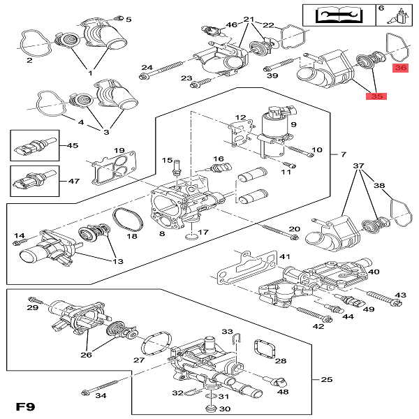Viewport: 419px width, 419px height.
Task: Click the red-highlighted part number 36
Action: point(401,68)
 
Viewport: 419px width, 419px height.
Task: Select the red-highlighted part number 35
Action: point(378,96)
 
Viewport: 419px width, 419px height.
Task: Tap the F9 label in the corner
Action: point(26,406)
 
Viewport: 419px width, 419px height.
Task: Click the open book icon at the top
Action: point(325,14)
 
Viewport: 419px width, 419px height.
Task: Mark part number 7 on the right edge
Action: point(342,153)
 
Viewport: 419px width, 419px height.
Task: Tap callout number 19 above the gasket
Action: point(119,151)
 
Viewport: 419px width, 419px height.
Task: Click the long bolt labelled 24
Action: point(168,68)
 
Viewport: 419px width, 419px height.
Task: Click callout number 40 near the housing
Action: point(374,272)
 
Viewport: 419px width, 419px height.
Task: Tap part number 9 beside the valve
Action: point(294,125)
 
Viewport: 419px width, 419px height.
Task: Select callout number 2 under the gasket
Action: point(30,61)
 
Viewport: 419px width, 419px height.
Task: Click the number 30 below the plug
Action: point(224,409)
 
